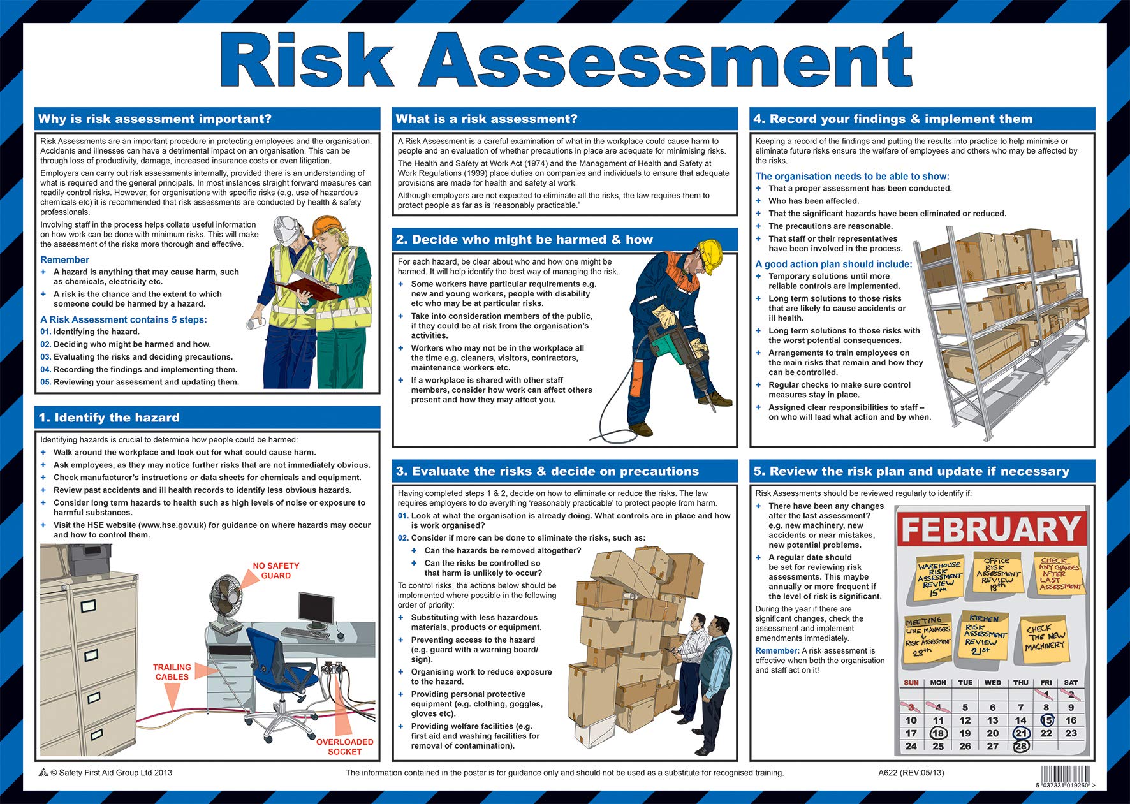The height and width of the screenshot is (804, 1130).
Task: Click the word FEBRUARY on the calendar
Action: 992,529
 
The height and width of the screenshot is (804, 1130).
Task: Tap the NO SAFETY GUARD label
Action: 275,571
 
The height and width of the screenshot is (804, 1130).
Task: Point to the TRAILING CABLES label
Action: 172,672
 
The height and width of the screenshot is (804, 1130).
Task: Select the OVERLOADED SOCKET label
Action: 344,747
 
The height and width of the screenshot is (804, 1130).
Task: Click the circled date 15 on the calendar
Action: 1046,720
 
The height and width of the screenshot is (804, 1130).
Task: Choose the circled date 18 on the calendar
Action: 938,733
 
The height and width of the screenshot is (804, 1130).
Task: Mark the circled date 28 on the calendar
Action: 1021,746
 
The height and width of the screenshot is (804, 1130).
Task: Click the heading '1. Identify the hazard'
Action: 109,418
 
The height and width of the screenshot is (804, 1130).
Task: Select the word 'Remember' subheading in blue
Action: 64,259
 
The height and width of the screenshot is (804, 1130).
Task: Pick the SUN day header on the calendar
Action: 911,682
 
